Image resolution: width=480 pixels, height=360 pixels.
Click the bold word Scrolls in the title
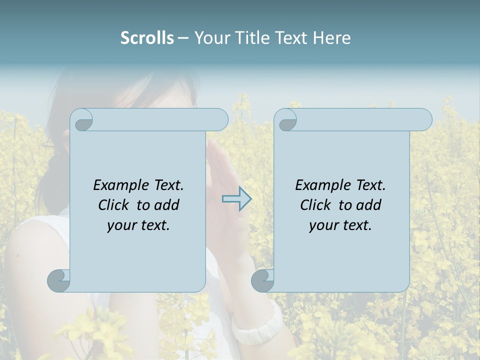tap(147, 37)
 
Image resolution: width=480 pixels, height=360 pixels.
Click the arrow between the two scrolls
tap(236, 199)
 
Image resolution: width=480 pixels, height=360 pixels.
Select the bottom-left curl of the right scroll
tap(263, 280)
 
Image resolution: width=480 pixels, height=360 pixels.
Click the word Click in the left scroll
tap(114, 205)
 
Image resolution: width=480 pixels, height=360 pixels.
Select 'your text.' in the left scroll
tap(138, 225)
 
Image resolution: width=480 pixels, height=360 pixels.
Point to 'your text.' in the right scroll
tap(340, 225)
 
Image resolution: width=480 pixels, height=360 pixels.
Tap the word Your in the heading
tap(211, 37)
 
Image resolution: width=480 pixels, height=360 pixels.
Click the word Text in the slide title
tap(290, 37)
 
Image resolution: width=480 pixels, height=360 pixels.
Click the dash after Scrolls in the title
tap(183, 38)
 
